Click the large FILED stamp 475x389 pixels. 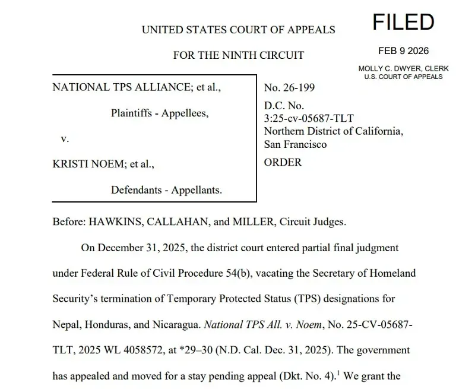pos(403,23)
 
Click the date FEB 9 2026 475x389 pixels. pos(403,51)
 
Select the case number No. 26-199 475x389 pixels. pos(289,88)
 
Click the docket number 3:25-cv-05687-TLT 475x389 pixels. pos(309,118)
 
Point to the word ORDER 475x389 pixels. pos(283,162)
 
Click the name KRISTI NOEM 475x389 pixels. pos(83,163)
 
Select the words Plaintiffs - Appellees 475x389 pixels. pos(160,113)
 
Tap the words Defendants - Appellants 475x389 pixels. pos(166,190)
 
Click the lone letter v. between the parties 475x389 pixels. pos(65,138)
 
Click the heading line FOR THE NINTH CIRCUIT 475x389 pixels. pos(238,55)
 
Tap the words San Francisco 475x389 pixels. pos(295,144)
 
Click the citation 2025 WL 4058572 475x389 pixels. pos(122,350)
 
